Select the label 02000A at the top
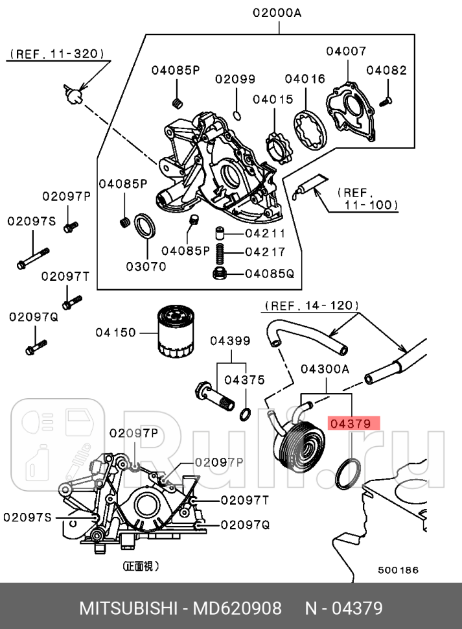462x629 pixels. coord(278,12)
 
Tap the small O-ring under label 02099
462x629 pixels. coord(237,115)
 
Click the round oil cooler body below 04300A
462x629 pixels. coord(301,442)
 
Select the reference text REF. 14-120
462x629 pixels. coord(310,305)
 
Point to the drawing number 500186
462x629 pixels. coord(398,570)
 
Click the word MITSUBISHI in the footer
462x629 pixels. coord(127,608)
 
